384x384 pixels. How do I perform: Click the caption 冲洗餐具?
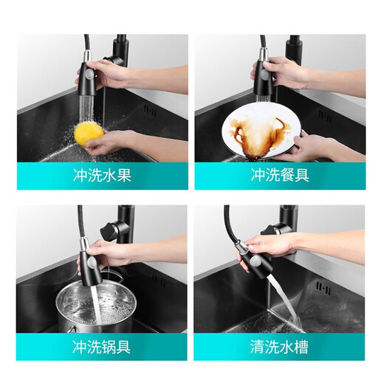coord(280,176)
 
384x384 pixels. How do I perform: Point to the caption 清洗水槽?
coord(280,348)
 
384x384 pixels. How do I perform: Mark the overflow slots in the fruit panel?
coord(150,111)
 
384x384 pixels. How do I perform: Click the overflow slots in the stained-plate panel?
coord(324,114)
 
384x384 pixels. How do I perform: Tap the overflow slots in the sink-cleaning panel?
coord(322,286)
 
